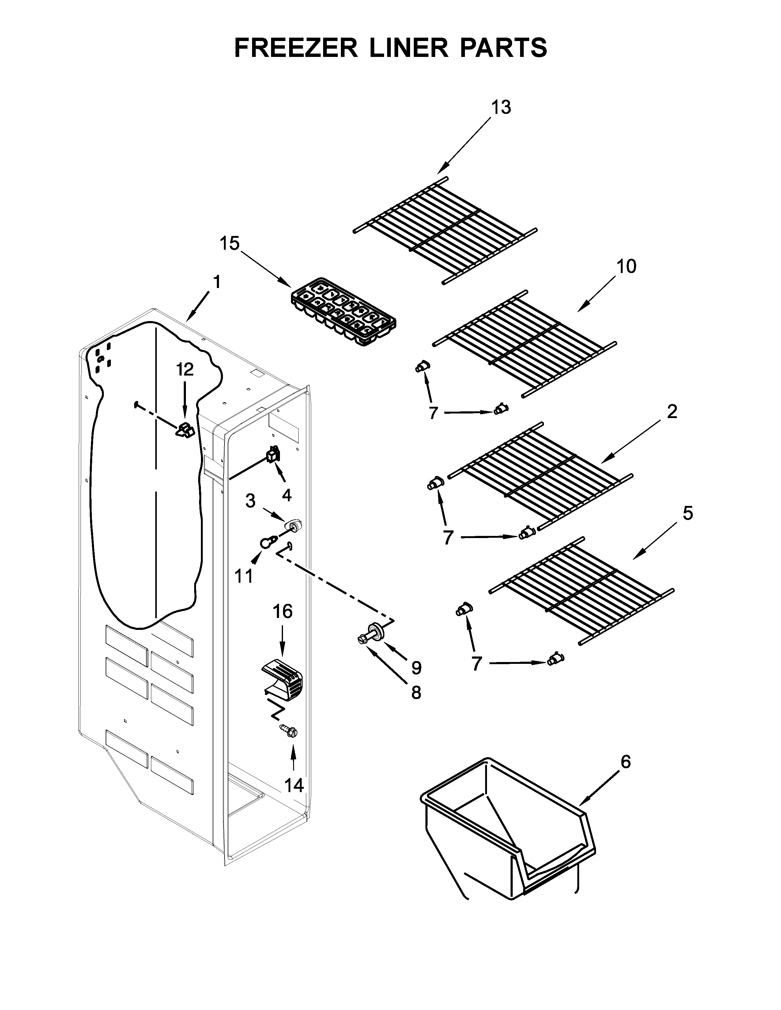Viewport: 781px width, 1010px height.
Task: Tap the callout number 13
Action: (x=501, y=107)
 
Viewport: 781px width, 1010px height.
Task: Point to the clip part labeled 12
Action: (x=185, y=430)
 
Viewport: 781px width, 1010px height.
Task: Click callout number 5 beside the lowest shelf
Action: (x=688, y=513)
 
